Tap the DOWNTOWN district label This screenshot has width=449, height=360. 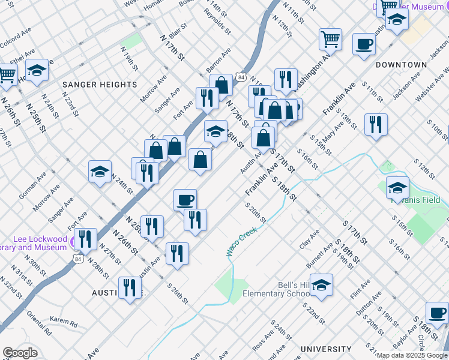coord(402,65)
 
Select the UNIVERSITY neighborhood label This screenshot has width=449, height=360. coord(326,349)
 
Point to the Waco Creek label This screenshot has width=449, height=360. coord(242,242)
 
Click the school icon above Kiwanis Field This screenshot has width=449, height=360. coord(397,188)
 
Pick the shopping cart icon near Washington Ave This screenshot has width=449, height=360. coord(330,40)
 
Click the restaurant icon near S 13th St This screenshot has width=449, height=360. coord(376,124)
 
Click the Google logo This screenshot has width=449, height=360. coord(20,353)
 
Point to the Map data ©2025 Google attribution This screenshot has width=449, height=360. coord(412,355)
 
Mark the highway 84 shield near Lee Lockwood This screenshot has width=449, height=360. coord(76,259)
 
